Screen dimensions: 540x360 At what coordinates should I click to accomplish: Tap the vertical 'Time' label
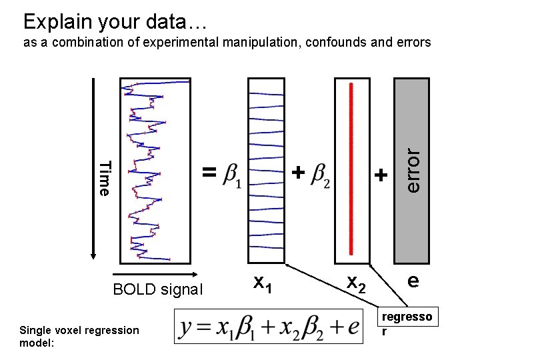tap(104, 178)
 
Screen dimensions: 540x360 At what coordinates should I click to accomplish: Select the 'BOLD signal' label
tap(157, 289)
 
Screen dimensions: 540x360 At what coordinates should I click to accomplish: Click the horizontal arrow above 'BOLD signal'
tap(155, 275)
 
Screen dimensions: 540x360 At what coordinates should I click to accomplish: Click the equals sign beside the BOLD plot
tap(209, 173)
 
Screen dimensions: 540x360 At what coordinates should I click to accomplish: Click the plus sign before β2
tap(299, 173)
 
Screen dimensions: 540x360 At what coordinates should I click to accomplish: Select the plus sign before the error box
tap(380, 175)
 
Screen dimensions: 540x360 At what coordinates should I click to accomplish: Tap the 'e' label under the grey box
tap(413, 281)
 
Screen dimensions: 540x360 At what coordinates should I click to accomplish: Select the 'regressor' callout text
tap(406, 322)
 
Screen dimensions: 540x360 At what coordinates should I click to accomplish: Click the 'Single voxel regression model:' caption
tap(79, 336)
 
